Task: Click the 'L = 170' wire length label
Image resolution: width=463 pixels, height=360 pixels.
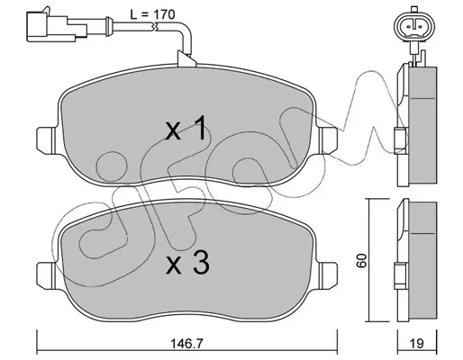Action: point(152,14)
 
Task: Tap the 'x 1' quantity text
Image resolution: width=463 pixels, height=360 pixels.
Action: point(186,128)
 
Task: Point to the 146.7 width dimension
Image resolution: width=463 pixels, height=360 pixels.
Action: point(187,344)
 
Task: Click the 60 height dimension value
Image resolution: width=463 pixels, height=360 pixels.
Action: point(362,260)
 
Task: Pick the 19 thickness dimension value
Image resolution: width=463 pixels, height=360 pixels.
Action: point(417,344)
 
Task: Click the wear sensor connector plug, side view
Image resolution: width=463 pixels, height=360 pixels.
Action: point(57,24)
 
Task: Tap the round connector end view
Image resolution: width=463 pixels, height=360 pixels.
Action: point(414,26)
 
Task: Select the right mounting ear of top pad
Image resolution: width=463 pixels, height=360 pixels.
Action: point(327,140)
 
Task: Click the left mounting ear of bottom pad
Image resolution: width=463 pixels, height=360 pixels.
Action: point(47,274)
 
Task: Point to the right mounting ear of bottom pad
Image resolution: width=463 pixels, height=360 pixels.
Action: point(327,274)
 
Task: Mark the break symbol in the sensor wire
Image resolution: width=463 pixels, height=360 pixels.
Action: point(155,27)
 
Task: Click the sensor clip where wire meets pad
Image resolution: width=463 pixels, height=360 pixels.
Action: point(186,58)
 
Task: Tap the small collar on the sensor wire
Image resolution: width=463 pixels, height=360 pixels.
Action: point(109,24)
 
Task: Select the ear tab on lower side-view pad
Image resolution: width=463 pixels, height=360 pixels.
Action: point(401,275)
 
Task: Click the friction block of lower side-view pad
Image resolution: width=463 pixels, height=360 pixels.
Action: point(422,262)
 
